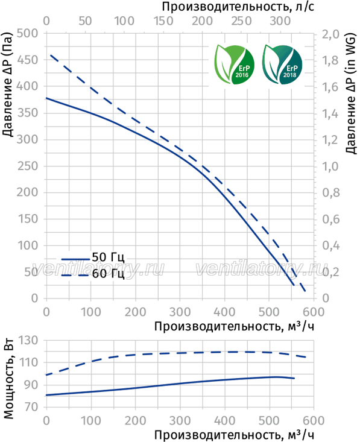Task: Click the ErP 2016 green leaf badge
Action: coord(234,65)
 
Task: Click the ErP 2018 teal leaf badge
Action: coord(282,65)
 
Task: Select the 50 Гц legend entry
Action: coord(93,257)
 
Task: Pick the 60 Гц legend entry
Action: coord(93,274)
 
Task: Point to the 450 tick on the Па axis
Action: coord(27,60)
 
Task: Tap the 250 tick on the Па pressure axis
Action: coord(27,166)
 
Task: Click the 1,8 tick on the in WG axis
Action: coord(330,61)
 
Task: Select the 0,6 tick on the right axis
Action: coord(331,219)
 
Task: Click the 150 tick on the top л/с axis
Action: coord(163,21)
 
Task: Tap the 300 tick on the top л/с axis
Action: coord(280,21)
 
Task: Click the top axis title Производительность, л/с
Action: coord(238,7)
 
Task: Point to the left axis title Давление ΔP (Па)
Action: coord(8,85)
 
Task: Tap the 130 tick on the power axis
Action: coord(28,340)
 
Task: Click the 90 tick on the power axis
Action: coord(31,385)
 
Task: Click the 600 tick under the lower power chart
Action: coord(314,421)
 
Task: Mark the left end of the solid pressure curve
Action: coord(46,98)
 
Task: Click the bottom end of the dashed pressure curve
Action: coord(305,291)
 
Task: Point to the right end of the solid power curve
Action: coord(294,378)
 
